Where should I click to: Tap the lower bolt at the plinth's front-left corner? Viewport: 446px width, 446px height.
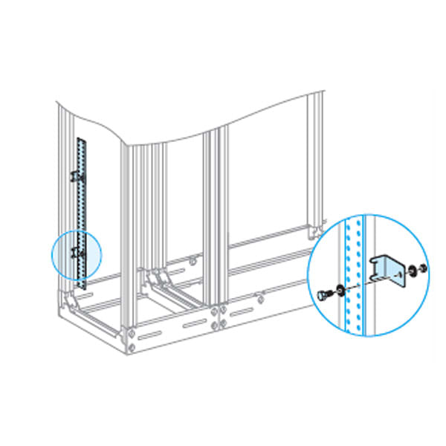tap(131, 346)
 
